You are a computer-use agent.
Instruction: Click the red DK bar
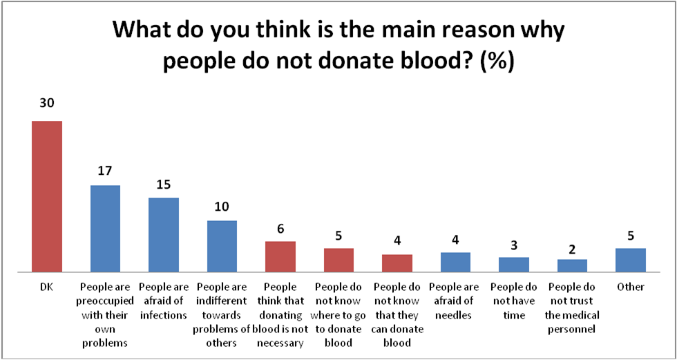(x=47, y=196)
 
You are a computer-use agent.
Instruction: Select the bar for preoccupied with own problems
(x=106, y=228)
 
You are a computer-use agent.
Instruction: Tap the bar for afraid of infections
(x=164, y=234)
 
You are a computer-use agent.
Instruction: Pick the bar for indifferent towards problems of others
(x=222, y=246)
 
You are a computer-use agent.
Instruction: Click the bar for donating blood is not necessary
(x=280, y=256)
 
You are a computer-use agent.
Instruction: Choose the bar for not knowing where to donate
(x=338, y=260)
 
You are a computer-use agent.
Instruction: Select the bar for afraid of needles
(x=455, y=262)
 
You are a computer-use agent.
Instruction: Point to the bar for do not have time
(x=513, y=264)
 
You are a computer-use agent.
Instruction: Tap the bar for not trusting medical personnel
(x=572, y=265)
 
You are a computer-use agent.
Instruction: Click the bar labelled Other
(x=630, y=260)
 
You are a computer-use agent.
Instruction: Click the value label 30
(x=47, y=104)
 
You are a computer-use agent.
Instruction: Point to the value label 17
(x=106, y=170)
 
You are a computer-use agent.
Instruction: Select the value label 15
(x=164, y=184)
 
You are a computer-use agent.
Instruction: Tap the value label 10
(x=222, y=207)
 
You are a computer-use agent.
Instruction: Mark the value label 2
(x=572, y=249)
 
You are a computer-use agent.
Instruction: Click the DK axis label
(x=47, y=287)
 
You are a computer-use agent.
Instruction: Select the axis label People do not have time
(x=513, y=301)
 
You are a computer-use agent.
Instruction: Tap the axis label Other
(x=630, y=287)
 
